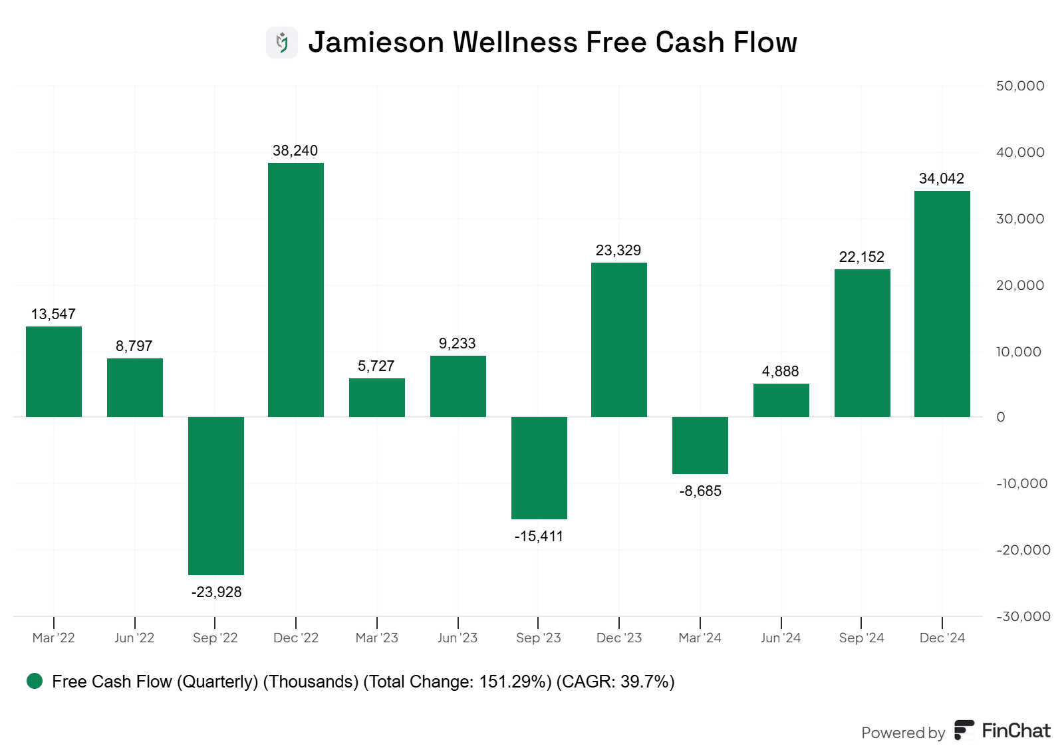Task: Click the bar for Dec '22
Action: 295,290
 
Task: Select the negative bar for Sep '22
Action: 215,495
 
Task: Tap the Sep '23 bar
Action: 539,467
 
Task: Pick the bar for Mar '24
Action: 700,445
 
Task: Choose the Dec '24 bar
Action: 942,304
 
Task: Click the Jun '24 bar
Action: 781,400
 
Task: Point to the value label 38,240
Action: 295,151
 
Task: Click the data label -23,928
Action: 216,592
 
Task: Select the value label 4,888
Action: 780,371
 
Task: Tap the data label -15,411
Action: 539,536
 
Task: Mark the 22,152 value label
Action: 861,257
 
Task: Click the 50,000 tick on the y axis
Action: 1019,86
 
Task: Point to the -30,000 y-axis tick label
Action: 1023,616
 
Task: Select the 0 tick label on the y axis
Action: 1001,417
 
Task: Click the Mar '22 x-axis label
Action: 54,638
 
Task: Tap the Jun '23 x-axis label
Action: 458,638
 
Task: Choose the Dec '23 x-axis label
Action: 619,638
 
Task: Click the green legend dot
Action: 35,681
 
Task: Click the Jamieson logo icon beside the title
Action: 282,43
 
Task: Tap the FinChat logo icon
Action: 964,730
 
